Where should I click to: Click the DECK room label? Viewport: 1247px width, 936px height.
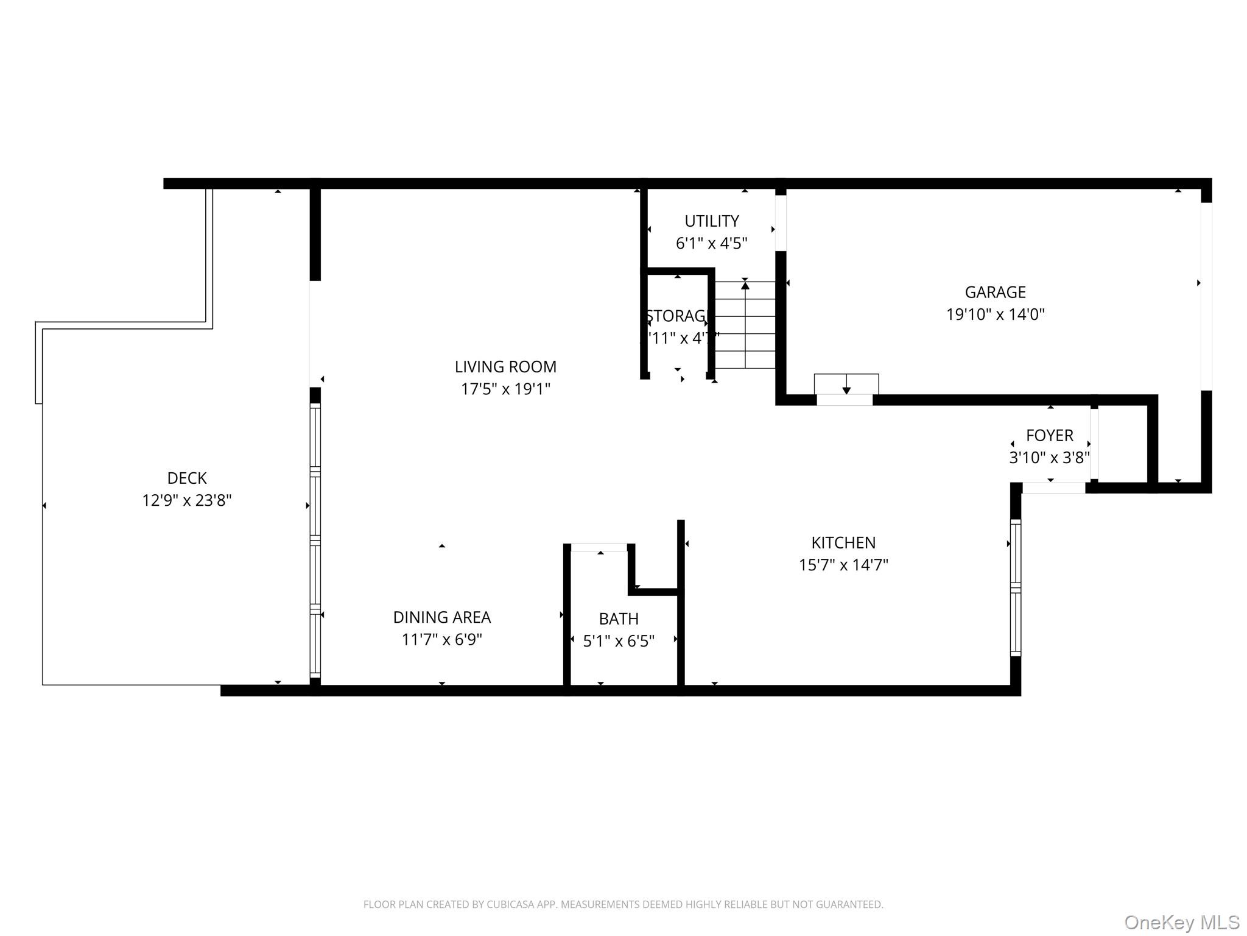coord(187,478)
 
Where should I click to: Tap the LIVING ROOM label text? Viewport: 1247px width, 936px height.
coord(505,367)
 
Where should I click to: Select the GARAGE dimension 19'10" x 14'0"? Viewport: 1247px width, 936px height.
coord(995,314)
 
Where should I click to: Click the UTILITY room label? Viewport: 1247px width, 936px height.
coord(711,221)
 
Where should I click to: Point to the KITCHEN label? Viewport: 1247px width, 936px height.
coord(843,542)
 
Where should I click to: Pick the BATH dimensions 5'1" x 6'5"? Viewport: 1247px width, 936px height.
coord(619,641)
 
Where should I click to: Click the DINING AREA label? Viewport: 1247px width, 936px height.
coord(441,617)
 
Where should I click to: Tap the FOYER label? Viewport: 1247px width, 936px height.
coord(1049,435)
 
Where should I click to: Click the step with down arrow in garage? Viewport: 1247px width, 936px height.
coord(846,384)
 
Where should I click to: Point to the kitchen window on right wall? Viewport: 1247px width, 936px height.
coord(1015,587)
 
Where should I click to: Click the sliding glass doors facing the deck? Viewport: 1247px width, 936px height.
coord(315,539)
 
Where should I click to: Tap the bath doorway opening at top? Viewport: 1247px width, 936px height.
coord(599,547)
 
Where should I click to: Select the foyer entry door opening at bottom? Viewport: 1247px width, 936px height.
coord(1053,487)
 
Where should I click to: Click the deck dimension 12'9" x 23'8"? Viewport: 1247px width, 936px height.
coord(187,500)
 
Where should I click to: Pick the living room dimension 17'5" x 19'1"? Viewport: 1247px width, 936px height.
coord(505,389)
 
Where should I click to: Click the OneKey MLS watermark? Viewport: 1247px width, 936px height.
coord(1181,922)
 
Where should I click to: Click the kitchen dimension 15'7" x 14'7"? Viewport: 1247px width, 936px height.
coord(843,565)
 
